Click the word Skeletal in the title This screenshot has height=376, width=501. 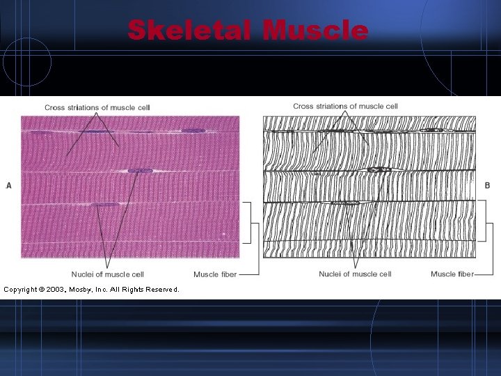(x=190, y=30)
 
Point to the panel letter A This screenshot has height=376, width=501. (x=9, y=185)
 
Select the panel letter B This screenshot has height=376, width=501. (x=487, y=185)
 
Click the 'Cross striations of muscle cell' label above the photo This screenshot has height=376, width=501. (x=97, y=107)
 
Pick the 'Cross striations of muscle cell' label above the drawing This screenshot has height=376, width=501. (x=345, y=106)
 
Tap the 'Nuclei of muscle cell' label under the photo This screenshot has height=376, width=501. (x=107, y=274)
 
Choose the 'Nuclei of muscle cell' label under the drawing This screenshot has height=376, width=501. (x=355, y=274)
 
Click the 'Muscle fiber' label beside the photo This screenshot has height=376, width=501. (x=215, y=274)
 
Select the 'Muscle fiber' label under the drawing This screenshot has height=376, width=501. (x=452, y=274)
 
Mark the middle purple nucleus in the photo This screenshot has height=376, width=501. (x=140, y=171)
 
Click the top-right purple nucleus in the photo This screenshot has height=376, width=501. (x=193, y=130)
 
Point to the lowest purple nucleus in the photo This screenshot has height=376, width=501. (x=106, y=205)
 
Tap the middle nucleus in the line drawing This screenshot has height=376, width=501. (x=379, y=169)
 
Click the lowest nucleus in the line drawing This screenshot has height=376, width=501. (x=344, y=203)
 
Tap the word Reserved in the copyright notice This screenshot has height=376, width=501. (x=161, y=289)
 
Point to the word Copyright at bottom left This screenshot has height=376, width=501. (x=22, y=289)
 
